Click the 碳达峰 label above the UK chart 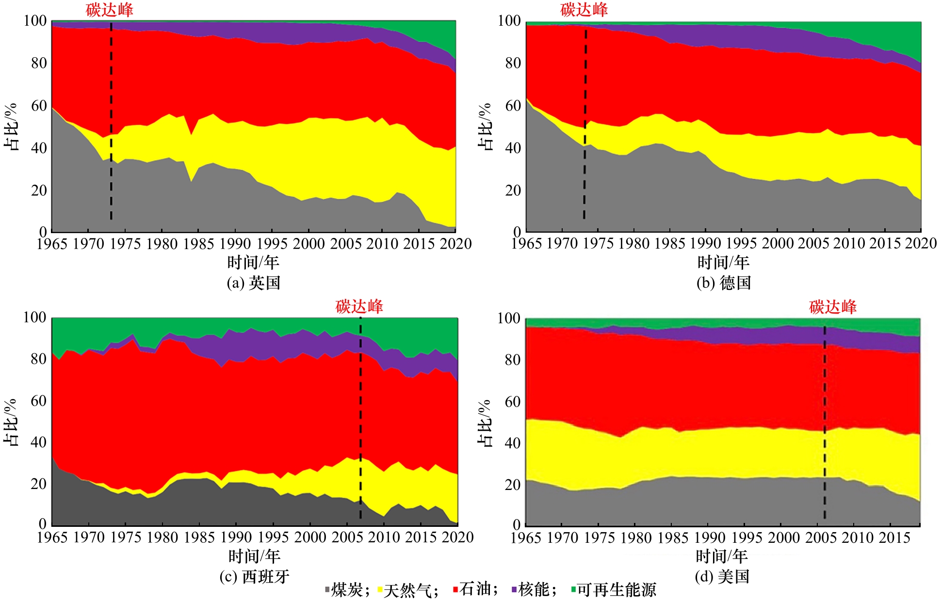pyautogui.click(x=109, y=10)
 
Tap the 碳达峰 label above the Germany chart pyautogui.click(x=584, y=10)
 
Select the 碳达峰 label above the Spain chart pyautogui.click(x=359, y=306)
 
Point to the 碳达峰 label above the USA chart pyautogui.click(x=832, y=307)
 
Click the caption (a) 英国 pyautogui.click(x=254, y=283)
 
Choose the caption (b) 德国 pyautogui.click(x=724, y=283)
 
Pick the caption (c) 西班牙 pyautogui.click(x=254, y=576)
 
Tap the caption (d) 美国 pyautogui.click(x=722, y=576)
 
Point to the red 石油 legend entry pyautogui.click(x=474, y=589)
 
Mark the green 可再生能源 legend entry pyautogui.click(x=614, y=589)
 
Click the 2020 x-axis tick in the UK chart pyautogui.click(x=455, y=243)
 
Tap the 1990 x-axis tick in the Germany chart pyautogui.click(x=706, y=243)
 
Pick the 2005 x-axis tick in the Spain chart pyautogui.click(x=347, y=537)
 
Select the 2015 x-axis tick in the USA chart pyautogui.click(x=894, y=537)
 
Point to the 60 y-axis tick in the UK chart pyautogui.click(x=39, y=106)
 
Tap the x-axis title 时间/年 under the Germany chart pyautogui.click(x=723, y=262)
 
